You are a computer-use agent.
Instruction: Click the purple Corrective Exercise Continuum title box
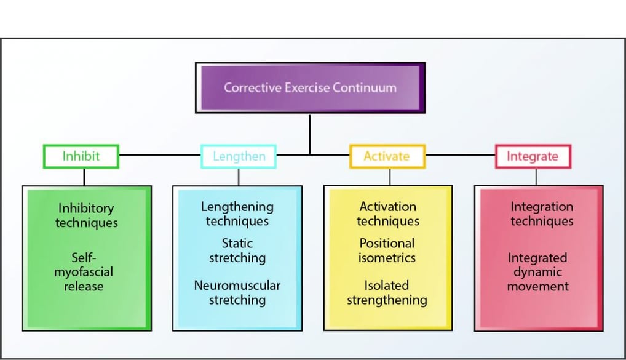click(310, 87)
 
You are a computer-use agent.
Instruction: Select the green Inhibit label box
click(81, 156)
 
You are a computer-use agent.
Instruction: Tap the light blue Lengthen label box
click(239, 156)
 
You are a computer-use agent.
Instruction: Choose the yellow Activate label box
click(387, 156)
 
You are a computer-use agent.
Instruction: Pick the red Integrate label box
click(533, 156)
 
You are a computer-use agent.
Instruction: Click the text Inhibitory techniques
click(86, 215)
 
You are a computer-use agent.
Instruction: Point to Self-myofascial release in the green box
click(84, 271)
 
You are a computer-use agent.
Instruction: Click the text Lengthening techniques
click(237, 214)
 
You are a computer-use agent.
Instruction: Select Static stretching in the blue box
click(237, 250)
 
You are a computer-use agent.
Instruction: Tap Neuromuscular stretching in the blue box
click(237, 293)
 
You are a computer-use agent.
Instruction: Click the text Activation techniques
click(388, 214)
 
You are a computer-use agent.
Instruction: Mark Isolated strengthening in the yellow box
click(387, 293)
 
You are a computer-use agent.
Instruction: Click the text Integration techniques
click(542, 214)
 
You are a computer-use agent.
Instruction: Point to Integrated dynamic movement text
click(538, 271)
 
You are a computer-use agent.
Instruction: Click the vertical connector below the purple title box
click(310, 132)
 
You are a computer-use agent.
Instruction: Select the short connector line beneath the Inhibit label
click(84, 177)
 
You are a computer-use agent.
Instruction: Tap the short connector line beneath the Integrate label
click(536, 177)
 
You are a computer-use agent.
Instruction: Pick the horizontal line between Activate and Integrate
click(461, 154)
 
